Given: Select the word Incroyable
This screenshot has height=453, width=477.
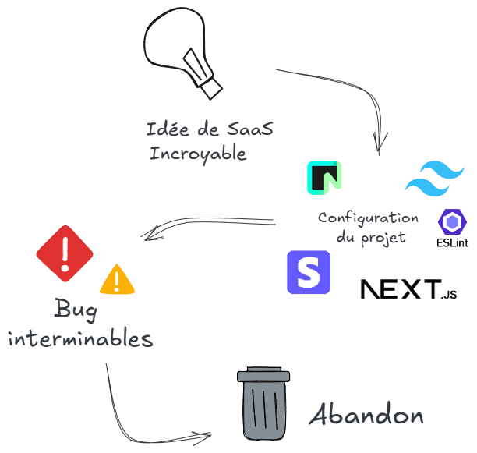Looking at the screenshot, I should pyautogui.click(x=198, y=154).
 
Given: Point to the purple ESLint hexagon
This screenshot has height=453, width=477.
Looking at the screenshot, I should pyautogui.click(x=452, y=222).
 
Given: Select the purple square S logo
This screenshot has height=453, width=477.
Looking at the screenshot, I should pyautogui.click(x=309, y=272).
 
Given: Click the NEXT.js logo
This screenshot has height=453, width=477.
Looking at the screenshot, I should pyautogui.click(x=408, y=289).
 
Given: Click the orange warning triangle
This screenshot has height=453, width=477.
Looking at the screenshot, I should pyautogui.click(x=117, y=279).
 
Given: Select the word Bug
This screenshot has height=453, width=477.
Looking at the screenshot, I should pyautogui.click(x=76, y=310).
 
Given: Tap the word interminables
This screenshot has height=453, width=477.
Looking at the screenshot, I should pyautogui.click(x=80, y=339).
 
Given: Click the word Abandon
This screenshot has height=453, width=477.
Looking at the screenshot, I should pyautogui.click(x=366, y=415).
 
